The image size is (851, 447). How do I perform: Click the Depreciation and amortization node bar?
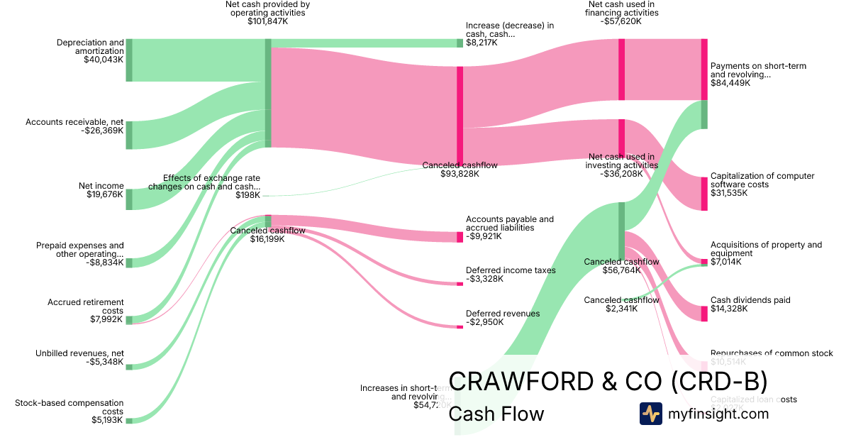pyautogui.click(x=129, y=60)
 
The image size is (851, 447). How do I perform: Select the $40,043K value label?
pyautogui.click(x=104, y=60)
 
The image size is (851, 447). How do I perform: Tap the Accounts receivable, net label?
pyautogui.click(x=74, y=122)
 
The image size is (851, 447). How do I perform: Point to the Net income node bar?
pyautogui.click(x=129, y=199)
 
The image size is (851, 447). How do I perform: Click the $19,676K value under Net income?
pyautogui.click(x=104, y=194)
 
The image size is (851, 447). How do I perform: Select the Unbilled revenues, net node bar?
pyautogui.click(x=129, y=366)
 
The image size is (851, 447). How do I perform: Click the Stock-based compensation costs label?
pyautogui.click(x=69, y=407)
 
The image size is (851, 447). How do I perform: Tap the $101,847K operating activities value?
pyautogui.click(x=267, y=21)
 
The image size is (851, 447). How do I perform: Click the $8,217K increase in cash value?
pyautogui.click(x=482, y=43)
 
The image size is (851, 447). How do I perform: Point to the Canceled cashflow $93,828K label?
pyautogui.click(x=460, y=165)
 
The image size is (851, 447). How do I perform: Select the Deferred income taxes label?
pyautogui.click(x=511, y=270)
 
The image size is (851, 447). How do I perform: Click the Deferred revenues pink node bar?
pyautogui.click(x=460, y=326)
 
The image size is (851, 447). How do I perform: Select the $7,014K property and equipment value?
pyautogui.click(x=725, y=262)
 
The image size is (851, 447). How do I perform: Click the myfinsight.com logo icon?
pyautogui.click(x=650, y=414)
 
